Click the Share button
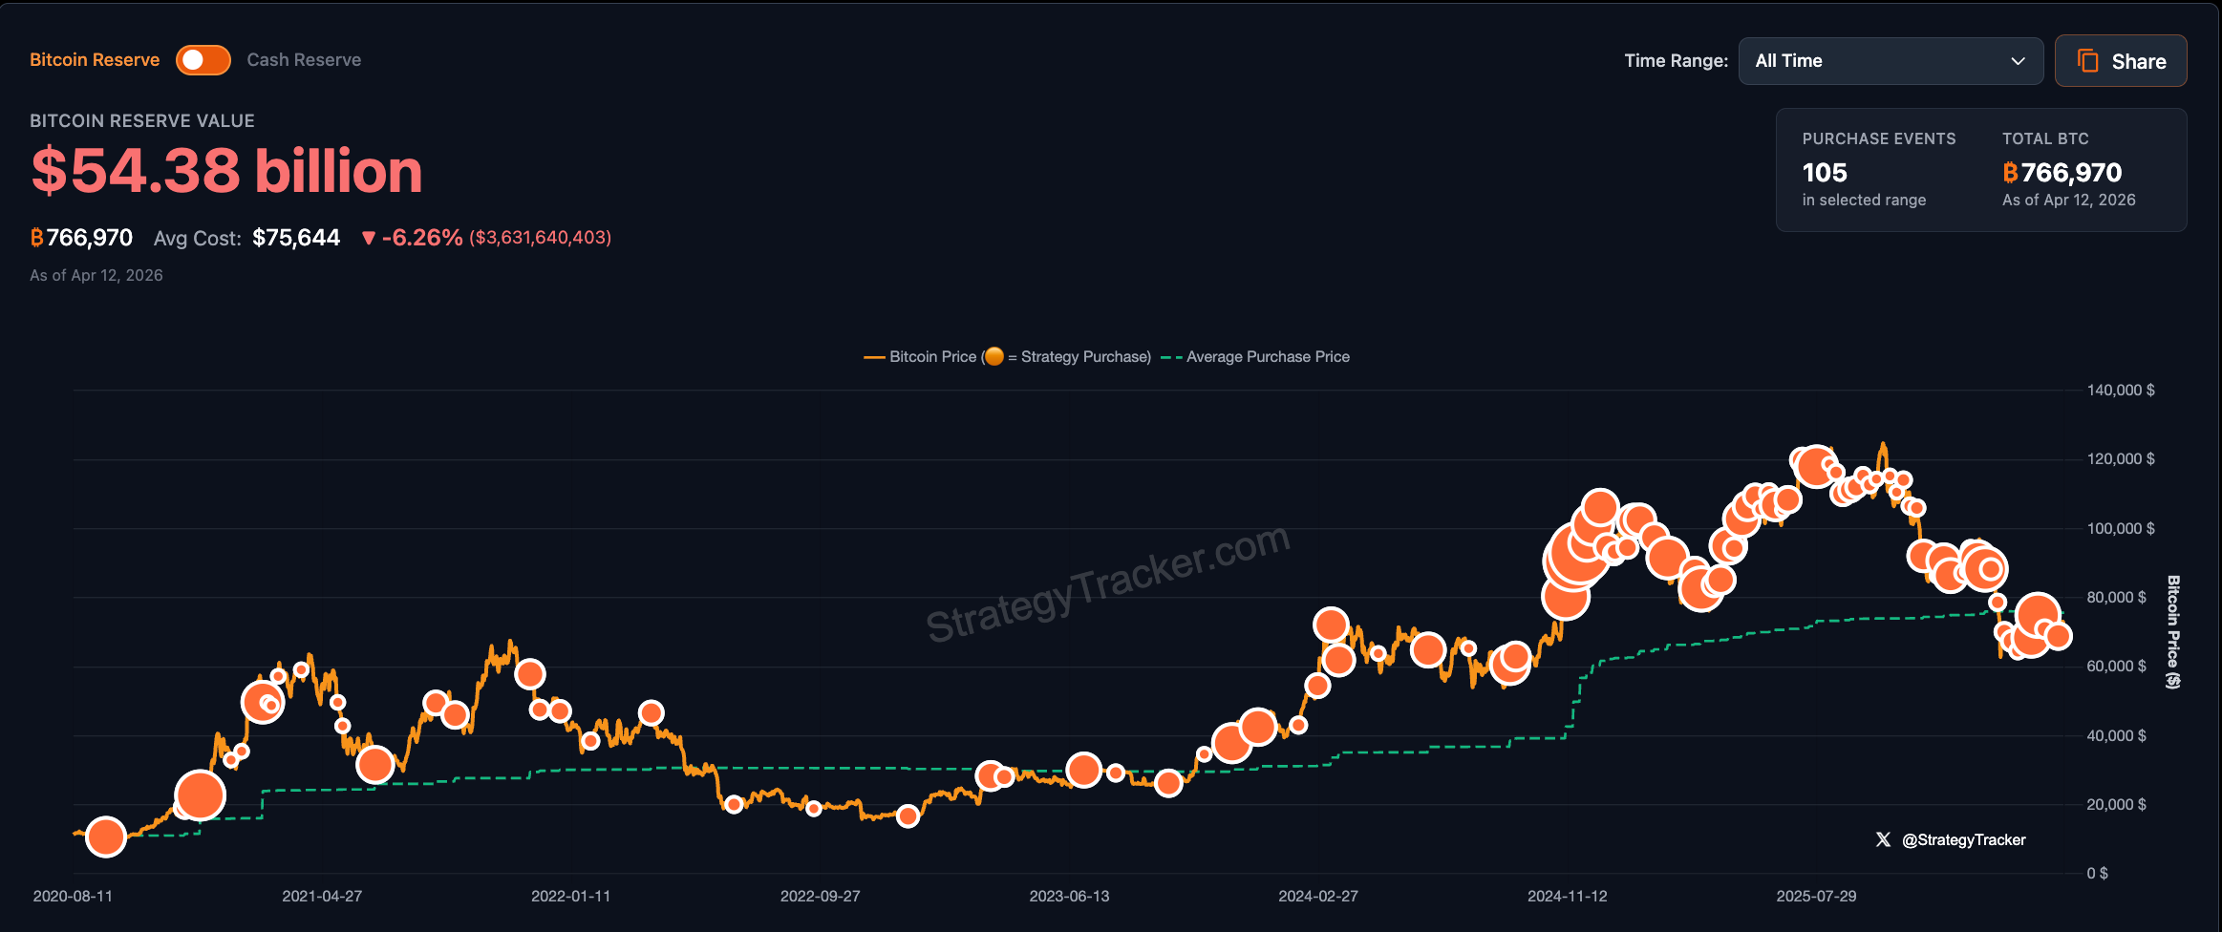pyautogui.click(x=2121, y=61)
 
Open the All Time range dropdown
pyautogui.click(x=1890, y=61)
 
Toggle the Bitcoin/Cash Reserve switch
pyautogui.click(x=203, y=60)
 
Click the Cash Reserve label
pyautogui.click(x=304, y=60)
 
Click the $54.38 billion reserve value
pyautogui.click(x=226, y=172)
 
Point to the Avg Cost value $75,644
pyautogui.click(x=296, y=238)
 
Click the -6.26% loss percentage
pyautogui.click(x=421, y=238)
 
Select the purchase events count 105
pyautogui.click(x=1824, y=173)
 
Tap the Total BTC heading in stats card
pyautogui.click(x=2045, y=139)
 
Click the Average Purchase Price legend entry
pyautogui.click(x=1267, y=357)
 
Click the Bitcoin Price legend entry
pyautogui.click(x=932, y=357)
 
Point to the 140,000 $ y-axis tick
pyautogui.click(x=2120, y=391)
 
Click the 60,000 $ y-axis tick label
pyautogui.click(x=2115, y=667)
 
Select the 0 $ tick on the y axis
pyautogui.click(x=2097, y=874)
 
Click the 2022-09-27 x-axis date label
pyautogui.click(x=820, y=897)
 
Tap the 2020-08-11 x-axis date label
pyautogui.click(x=73, y=897)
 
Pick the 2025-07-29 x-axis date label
pyautogui.click(x=1816, y=897)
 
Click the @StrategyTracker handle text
pyautogui.click(x=1963, y=840)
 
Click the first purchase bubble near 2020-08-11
pyautogui.click(x=106, y=837)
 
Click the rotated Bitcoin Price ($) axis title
pyautogui.click(x=2173, y=631)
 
